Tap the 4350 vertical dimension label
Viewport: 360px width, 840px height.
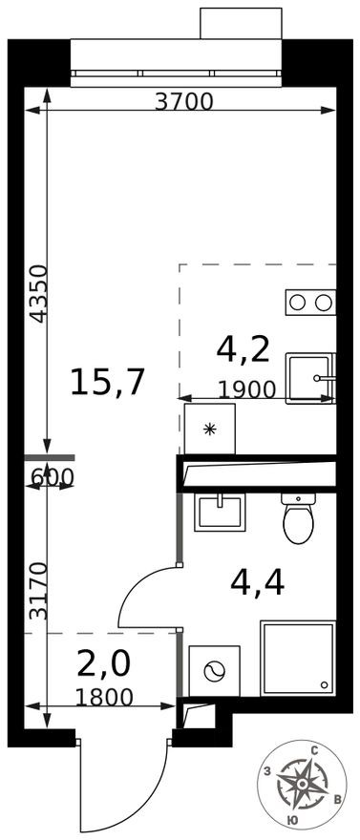pyautogui.click(x=36, y=293)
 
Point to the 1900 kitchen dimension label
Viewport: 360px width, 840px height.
pyautogui.click(x=246, y=388)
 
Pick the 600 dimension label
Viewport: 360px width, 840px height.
pyautogui.click(x=52, y=475)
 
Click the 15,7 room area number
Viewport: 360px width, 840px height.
pyautogui.click(x=107, y=382)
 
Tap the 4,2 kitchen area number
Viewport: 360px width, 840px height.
pyautogui.click(x=244, y=348)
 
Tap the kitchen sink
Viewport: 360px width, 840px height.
pyautogui.click(x=310, y=377)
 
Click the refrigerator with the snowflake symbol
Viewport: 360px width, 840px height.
pyautogui.click(x=210, y=429)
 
